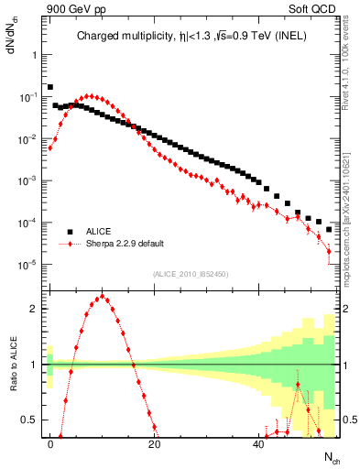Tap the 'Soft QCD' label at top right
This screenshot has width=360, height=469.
(314, 9)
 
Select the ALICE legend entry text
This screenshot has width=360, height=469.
(99, 232)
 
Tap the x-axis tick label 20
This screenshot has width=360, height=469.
(155, 442)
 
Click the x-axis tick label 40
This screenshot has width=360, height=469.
(259, 442)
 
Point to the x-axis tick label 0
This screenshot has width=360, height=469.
(50, 442)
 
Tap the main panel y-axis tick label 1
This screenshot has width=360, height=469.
(34, 54)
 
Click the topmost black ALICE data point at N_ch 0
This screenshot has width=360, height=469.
(50, 87)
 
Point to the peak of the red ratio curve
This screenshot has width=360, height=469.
(103, 297)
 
